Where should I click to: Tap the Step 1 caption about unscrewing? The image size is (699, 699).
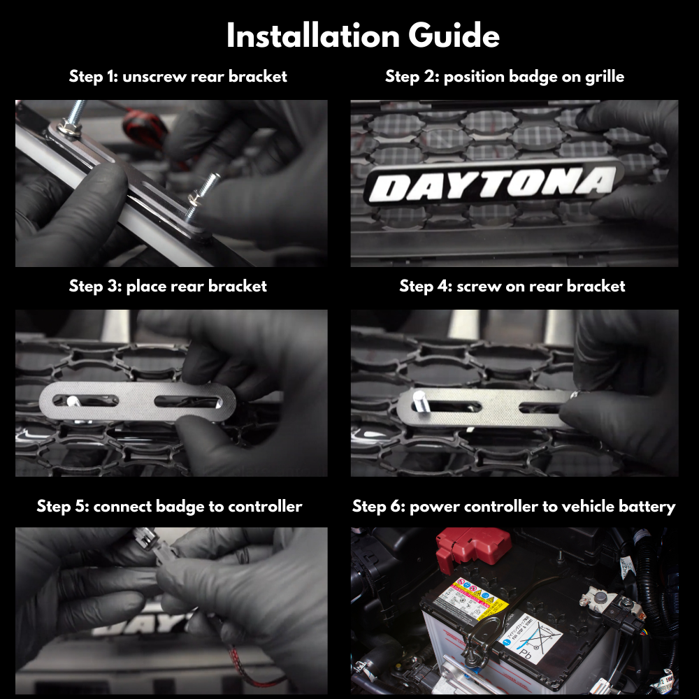tap(178, 76)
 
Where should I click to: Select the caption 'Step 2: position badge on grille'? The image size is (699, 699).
tap(505, 76)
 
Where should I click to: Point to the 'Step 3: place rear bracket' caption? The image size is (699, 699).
tap(168, 286)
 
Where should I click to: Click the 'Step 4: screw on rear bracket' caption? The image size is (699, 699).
tap(512, 286)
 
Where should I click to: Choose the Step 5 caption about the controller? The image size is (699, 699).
tap(169, 505)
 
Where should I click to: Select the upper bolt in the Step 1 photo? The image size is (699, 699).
tap(75, 115)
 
